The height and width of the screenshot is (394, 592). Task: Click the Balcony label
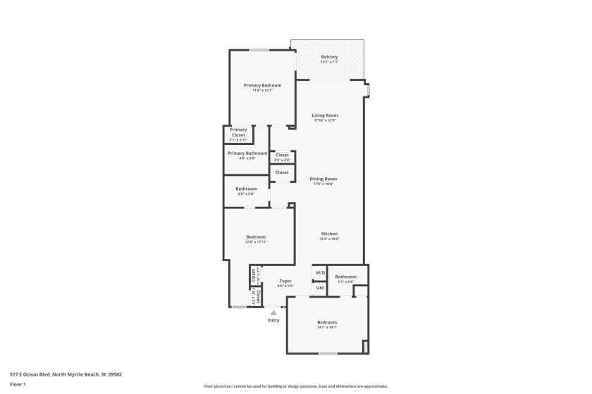click(x=329, y=57)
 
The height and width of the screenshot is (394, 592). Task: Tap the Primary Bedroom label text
click(x=257, y=85)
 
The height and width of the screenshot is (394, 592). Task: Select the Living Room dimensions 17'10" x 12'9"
click(x=326, y=120)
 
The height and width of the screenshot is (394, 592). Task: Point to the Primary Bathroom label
click(x=247, y=153)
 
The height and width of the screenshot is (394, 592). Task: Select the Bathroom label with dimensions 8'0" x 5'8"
click(x=246, y=189)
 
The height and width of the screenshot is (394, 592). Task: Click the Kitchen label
click(x=329, y=234)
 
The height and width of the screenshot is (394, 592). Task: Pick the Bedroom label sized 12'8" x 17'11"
click(x=256, y=236)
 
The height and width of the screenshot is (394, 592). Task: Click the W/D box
click(x=320, y=272)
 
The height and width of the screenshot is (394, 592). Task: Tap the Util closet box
click(x=320, y=288)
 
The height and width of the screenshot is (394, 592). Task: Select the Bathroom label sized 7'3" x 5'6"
click(x=345, y=277)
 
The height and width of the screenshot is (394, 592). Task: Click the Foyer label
click(x=285, y=281)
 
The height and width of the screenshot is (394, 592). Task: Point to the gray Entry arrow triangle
click(x=273, y=312)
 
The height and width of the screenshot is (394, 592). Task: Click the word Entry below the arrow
click(x=273, y=320)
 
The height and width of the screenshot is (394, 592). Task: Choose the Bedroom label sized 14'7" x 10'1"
click(x=327, y=322)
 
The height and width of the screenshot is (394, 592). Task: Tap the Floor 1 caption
click(x=18, y=384)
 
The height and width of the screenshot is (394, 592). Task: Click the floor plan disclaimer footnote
click(x=296, y=386)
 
